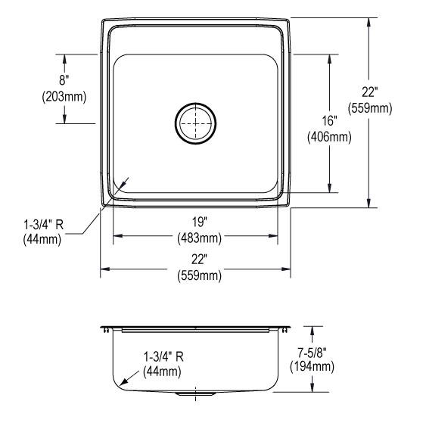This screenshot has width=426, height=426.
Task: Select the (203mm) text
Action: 64,96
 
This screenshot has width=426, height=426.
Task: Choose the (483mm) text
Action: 200,238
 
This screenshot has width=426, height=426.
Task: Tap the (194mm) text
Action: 312,367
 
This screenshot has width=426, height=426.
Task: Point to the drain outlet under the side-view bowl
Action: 195,394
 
